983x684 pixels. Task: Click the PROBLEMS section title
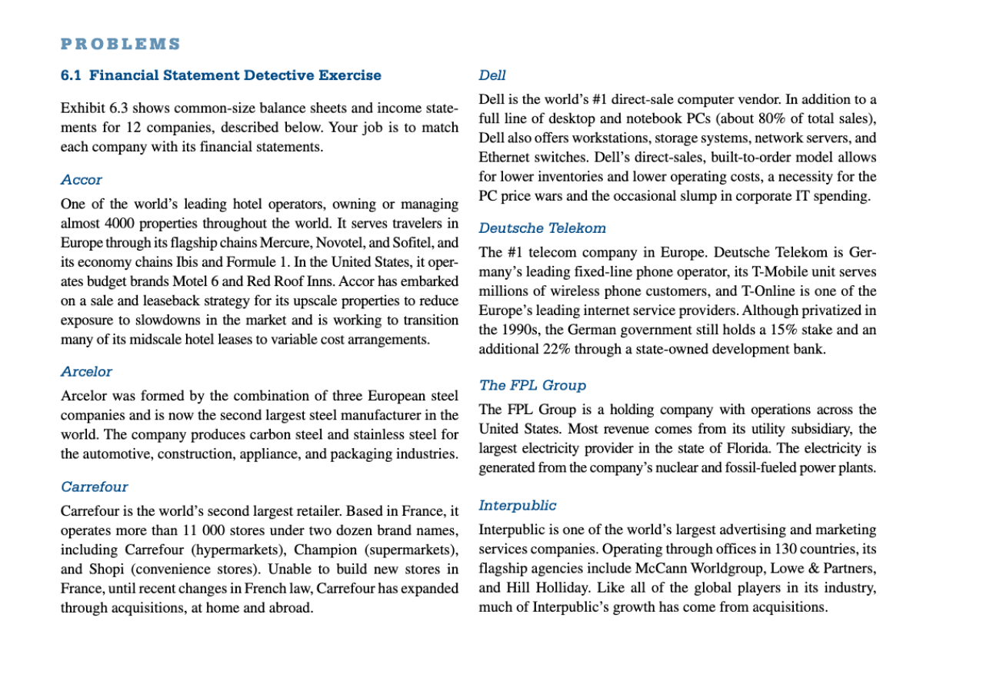coord(121,44)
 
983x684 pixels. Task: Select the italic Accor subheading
coord(82,180)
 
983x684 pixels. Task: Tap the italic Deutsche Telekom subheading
coord(542,228)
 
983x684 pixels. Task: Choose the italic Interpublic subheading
coord(517,505)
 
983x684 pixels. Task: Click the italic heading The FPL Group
coord(532,385)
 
